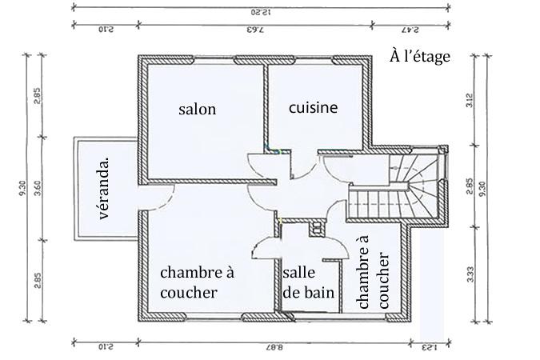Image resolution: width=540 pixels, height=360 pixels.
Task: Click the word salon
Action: [197, 110]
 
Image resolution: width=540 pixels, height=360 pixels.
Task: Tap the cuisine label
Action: [313, 106]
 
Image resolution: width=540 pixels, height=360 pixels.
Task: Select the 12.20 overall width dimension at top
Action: [257, 12]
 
